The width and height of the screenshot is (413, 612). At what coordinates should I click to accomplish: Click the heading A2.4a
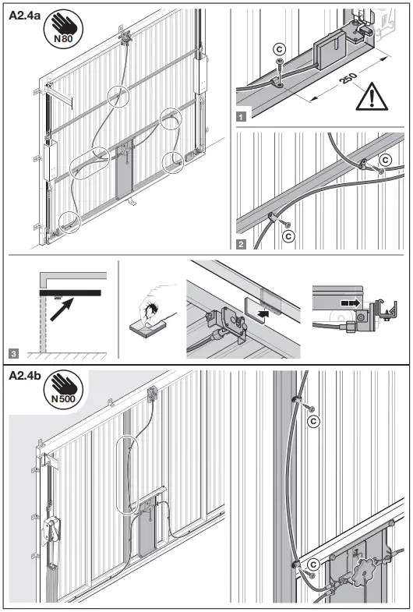point(26,13)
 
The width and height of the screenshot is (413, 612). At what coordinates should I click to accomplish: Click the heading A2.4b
point(26,377)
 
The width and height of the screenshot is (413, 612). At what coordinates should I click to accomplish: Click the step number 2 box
point(242,243)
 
